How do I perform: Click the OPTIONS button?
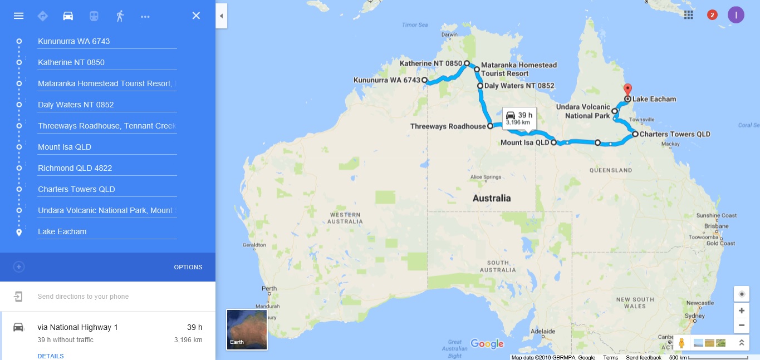[x=188, y=267]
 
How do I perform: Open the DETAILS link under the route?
[x=51, y=356]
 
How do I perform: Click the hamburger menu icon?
[x=18, y=16]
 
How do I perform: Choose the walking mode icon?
[x=120, y=16]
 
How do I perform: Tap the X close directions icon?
[x=196, y=16]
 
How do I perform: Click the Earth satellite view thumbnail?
[x=247, y=329]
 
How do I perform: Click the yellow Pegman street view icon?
[x=681, y=343]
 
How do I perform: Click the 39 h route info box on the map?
[x=519, y=118]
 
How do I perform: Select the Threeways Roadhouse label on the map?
[x=448, y=126]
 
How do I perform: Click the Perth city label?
[x=269, y=289]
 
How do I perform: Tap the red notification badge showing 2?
[x=712, y=15]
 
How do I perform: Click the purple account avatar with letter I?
[x=736, y=15]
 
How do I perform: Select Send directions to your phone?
[x=83, y=297]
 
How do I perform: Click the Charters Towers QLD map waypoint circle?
[x=635, y=134]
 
